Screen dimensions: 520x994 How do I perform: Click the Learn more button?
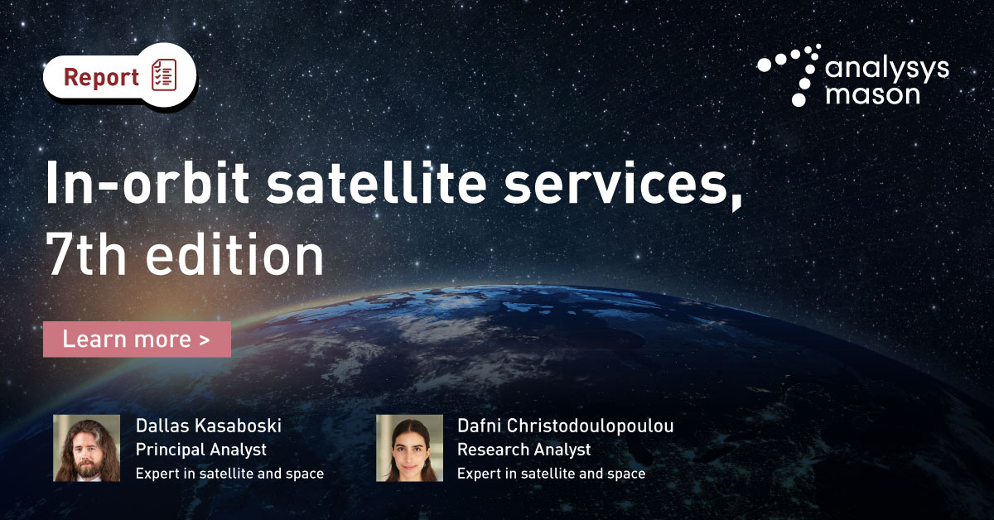coord(137,339)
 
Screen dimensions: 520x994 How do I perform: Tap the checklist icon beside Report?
coord(164,77)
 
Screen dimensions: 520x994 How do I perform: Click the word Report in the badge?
coord(101,78)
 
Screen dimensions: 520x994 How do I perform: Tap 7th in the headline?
coord(89,256)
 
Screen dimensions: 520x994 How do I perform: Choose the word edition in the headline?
coord(235,256)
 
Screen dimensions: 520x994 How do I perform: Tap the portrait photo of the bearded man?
coord(87,448)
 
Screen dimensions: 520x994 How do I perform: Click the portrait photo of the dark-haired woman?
coord(409,448)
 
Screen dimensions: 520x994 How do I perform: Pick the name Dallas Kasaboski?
coord(209,426)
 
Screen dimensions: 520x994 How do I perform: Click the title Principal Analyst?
coord(200,450)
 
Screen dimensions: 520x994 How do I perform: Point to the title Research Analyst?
coord(524,450)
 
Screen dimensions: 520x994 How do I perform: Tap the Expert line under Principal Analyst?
coord(229,474)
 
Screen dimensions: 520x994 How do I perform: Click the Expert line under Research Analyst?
coord(551,474)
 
